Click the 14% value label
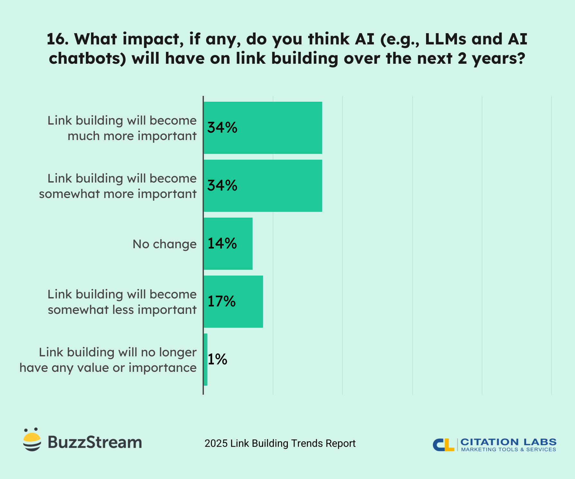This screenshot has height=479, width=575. pos(222,244)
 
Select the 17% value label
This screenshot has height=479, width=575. pos(222,302)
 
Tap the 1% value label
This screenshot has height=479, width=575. pos(217,360)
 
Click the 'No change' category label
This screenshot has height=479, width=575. pos(164,244)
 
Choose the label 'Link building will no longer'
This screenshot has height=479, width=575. pos(117,352)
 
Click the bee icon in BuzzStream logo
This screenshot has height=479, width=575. pos(32,440)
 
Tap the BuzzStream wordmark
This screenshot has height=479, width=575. pos(95,442)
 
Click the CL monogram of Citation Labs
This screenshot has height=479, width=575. pos(443,445)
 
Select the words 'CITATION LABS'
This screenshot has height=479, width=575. pos(508,442)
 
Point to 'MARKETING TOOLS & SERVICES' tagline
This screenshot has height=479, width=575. pos(508,450)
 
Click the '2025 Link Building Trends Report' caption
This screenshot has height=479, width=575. pos(280,444)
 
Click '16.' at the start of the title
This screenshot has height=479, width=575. pos(57,39)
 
